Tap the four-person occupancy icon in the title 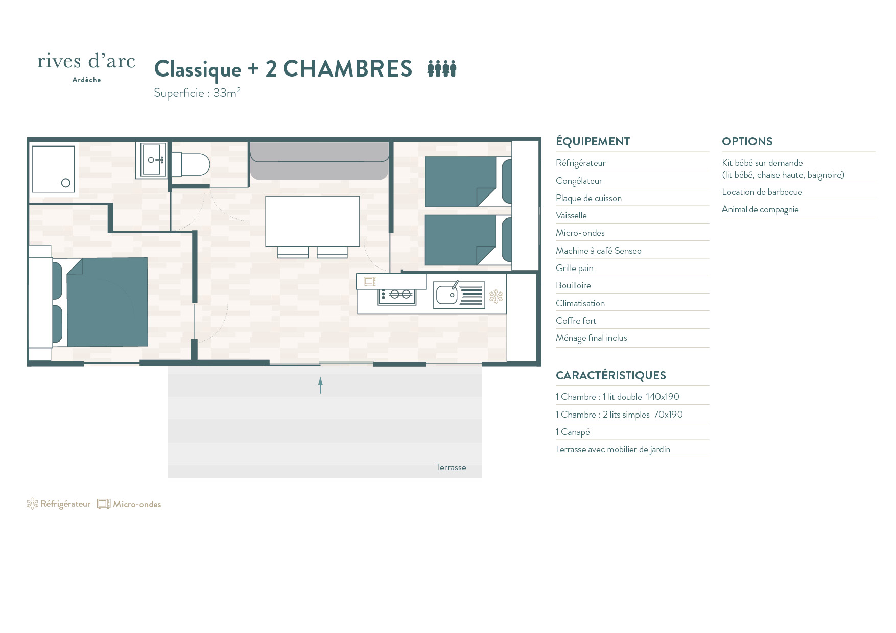click(442, 68)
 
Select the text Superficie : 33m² click(197, 92)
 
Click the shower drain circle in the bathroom click(65, 183)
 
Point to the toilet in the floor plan click(191, 164)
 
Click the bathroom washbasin click(152, 160)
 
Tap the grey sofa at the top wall click(319, 161)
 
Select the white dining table click(313, 221)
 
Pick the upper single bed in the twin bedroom click(468, 182)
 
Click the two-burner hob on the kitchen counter click(396, 295)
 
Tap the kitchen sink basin click(446, 295)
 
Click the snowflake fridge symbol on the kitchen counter click(496, 297)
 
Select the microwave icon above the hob click(370, 281)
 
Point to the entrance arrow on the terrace click(320, 385)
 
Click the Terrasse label click(451, 467)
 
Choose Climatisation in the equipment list click(580, 303)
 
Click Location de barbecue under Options click(762, 192)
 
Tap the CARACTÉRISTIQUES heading click(610, 375)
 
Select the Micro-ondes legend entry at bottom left click(129, 504)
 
